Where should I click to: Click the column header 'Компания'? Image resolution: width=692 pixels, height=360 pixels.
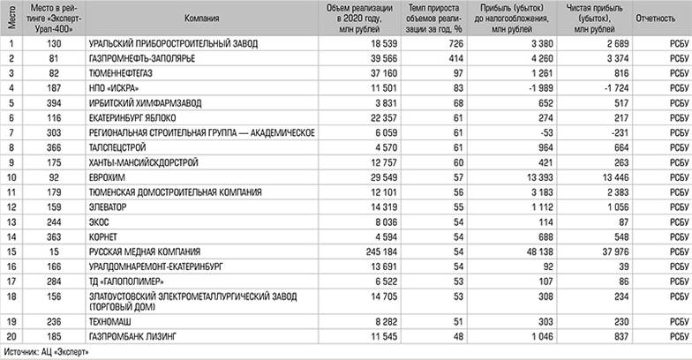pyautogui.click(x=202, y=18)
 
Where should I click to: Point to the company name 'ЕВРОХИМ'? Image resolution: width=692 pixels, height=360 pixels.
pyautogui.click(x=106, y=177)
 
